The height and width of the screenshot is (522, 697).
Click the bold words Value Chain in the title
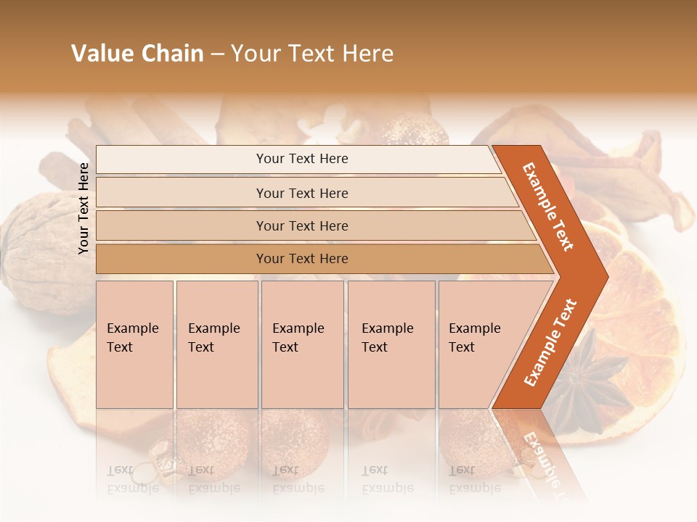click(x=137, y=54)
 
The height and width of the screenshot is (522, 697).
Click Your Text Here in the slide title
click(x=312, y=54)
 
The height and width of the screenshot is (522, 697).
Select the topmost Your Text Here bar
click(x=301, y=159)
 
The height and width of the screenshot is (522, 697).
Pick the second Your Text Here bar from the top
click(x=301, y=193)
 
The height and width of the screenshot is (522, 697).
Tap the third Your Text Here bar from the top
click(x=301, y=225)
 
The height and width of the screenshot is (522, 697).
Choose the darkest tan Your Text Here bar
click(x=301, y=259)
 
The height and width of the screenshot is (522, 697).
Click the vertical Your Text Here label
click(x=83, y=208)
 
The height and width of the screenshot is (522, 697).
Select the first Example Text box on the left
click(x=134, y=344)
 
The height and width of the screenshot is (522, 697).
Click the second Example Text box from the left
click(x=216, y=344)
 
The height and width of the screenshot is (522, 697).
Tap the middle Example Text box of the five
click(x=302, y=344)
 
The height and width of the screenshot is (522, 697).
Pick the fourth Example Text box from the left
click(x=391, y=344)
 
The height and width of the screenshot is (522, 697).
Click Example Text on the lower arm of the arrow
click(x=550, y=342)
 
